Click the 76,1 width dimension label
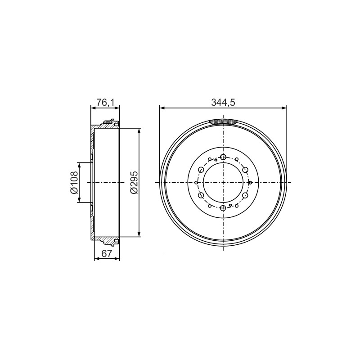click(x=105, y=103)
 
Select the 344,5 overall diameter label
click(x=223, y=103)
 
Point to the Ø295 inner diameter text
click(x=134, y=183)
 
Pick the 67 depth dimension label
click(x=107, y=254)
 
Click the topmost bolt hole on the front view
click(x=223, y=157)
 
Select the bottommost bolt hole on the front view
click(x=223, y=208)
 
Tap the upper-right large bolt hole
click(x=245, y=170)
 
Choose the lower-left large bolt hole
click(x=201, y=195)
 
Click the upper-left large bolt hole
click(x=201, y=170)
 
